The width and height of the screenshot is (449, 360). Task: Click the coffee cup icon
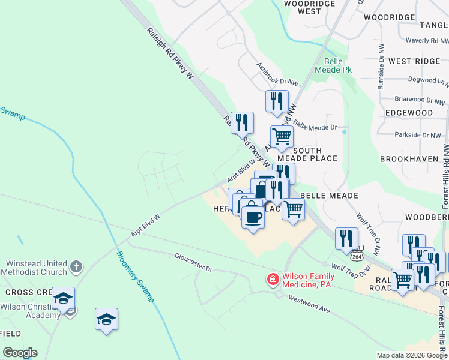[253, 217]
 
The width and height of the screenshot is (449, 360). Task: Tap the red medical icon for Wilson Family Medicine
[273, 280]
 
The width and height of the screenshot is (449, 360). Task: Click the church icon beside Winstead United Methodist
[76, 266]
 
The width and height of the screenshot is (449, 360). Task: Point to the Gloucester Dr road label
[194, 262]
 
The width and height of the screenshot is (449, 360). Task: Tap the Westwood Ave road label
[309, 302]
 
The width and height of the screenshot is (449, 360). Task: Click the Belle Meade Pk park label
[337, 65]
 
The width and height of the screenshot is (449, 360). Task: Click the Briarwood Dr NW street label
[420, 99]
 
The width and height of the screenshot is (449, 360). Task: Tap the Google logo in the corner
[20, 353]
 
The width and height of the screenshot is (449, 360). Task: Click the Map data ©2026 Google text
[412, 355]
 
